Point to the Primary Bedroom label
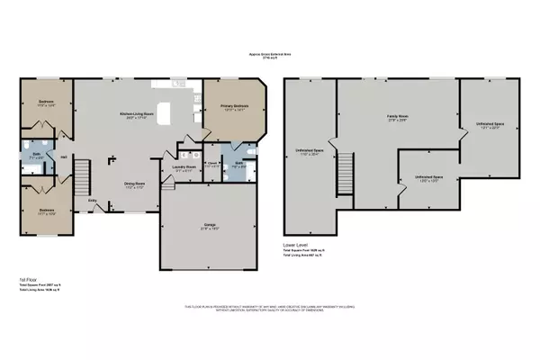tap(233, 106)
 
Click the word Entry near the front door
tap(93, 202)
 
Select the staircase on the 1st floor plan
tap(82, 171)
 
